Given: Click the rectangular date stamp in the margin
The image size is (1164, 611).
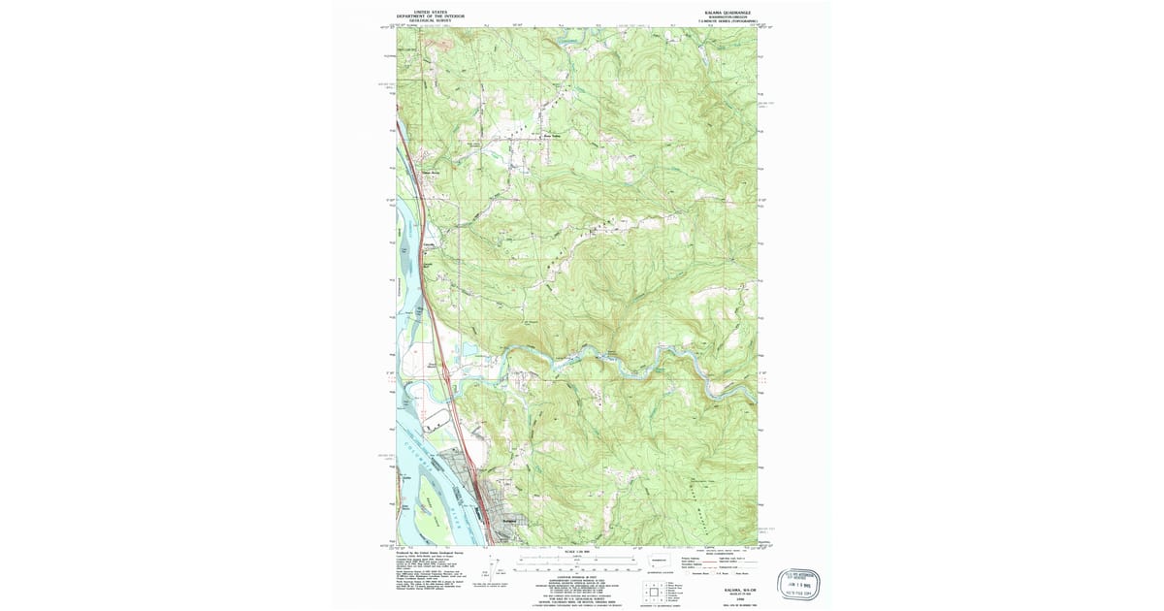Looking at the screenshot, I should pos(800,584).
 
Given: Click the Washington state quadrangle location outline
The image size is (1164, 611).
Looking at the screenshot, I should pos(660,563).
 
